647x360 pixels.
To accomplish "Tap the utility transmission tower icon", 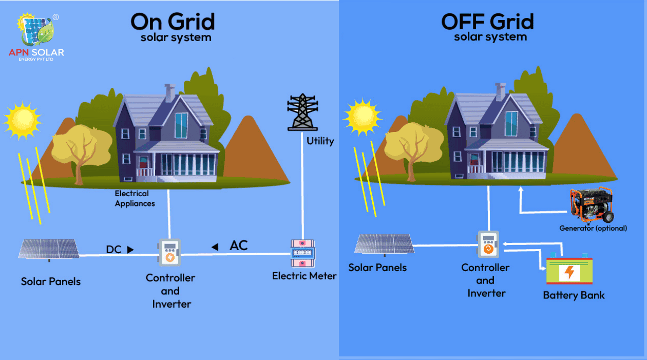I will point(302,112).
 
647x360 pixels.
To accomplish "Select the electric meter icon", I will point(302,253).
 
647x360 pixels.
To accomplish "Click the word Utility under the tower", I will point(320,141).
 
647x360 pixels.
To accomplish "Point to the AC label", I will point(238,245).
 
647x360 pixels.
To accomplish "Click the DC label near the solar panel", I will point(113,250).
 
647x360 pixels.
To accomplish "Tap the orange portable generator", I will point(592,205).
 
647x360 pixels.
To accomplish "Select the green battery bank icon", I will point(568,271).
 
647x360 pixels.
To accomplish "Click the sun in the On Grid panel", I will point(22,120).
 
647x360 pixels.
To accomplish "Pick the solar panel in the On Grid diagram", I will point(49,249).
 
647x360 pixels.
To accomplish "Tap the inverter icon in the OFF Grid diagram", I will point(488,244).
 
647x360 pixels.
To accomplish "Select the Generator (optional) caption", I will point(593,228).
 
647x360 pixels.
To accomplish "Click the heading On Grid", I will point(172,22).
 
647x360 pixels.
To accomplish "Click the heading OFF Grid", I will point(487,22).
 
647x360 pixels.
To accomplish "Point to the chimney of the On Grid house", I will point(169,92).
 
